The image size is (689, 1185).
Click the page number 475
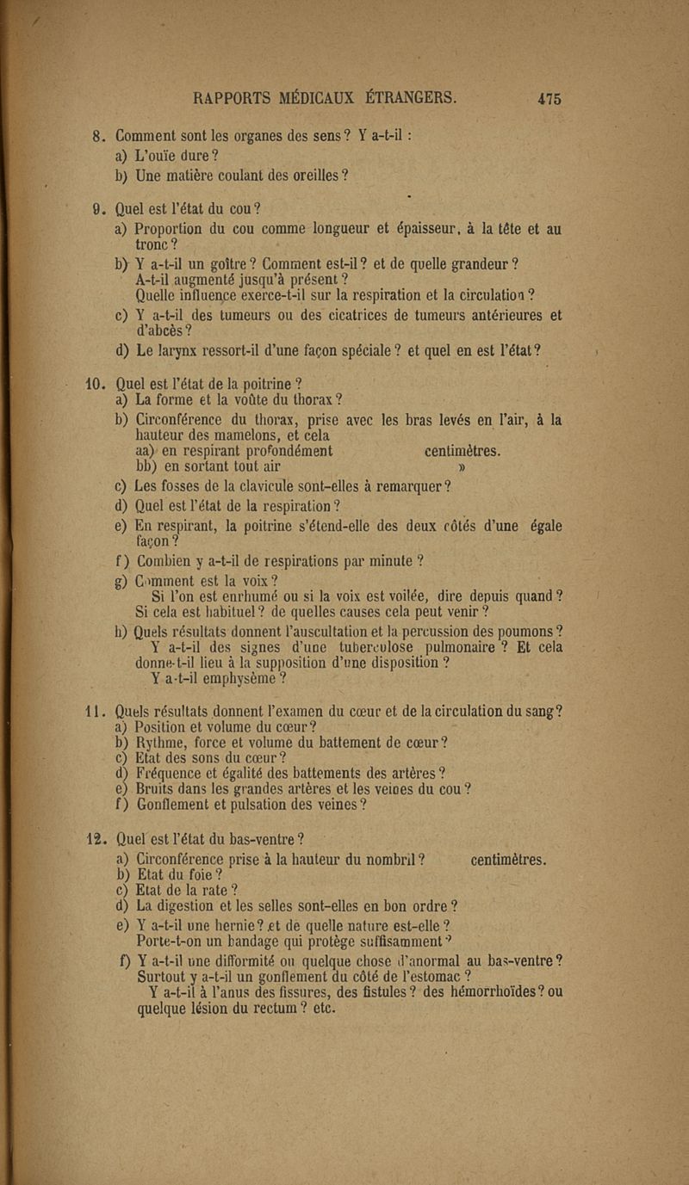point(549,97)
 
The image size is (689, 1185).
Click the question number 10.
point(103,383)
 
